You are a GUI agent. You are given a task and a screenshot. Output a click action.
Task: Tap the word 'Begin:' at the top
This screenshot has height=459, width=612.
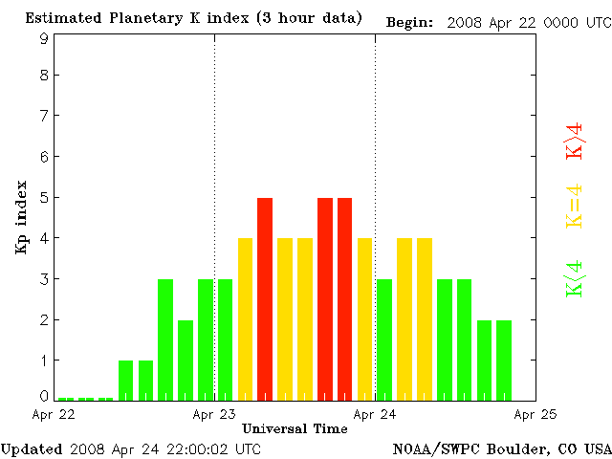pyautogui.click(x=410, y=22)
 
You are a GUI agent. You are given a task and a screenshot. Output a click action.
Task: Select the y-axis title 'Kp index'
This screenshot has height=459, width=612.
pyautogui.click(x=21, y=217)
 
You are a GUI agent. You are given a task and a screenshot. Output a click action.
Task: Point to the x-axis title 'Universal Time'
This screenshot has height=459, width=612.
pyautogui.click(x=295, y=428)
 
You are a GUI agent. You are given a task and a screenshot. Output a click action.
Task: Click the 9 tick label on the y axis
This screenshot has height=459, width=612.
pyautogui.click(x=44, y=38)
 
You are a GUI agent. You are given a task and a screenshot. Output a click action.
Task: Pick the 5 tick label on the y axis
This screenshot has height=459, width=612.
pyautogui.click(x=44, y=198)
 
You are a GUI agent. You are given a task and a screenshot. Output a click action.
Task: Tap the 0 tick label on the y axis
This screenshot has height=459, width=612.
pyautogui.click(x=44, y=395)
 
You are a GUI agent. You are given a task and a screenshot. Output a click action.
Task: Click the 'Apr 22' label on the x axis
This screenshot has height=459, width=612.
pyautogui.click(x=54, y=414)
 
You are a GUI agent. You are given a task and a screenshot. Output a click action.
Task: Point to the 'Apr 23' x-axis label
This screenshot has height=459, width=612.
pyautogui.click(x=214, y=414)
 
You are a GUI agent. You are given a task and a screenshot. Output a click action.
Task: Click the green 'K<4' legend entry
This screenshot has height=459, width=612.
pyautogui.click(x=574, y=278)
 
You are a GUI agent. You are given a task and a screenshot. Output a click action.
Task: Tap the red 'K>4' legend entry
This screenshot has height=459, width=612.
pyautogui.click(x=574, y=141)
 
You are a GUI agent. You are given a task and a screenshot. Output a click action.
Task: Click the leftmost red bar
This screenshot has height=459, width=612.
pyautogui.click(x=265, y=298)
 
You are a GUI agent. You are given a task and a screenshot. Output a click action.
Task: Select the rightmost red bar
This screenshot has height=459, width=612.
pyautogui.click(x=344, y=298)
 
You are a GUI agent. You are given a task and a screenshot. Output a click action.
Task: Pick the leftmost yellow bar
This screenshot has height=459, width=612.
pyautogui.click(x=245, y=318)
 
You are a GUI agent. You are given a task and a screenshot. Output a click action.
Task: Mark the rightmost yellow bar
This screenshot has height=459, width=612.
pyautogui.click(x=425, y=318)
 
